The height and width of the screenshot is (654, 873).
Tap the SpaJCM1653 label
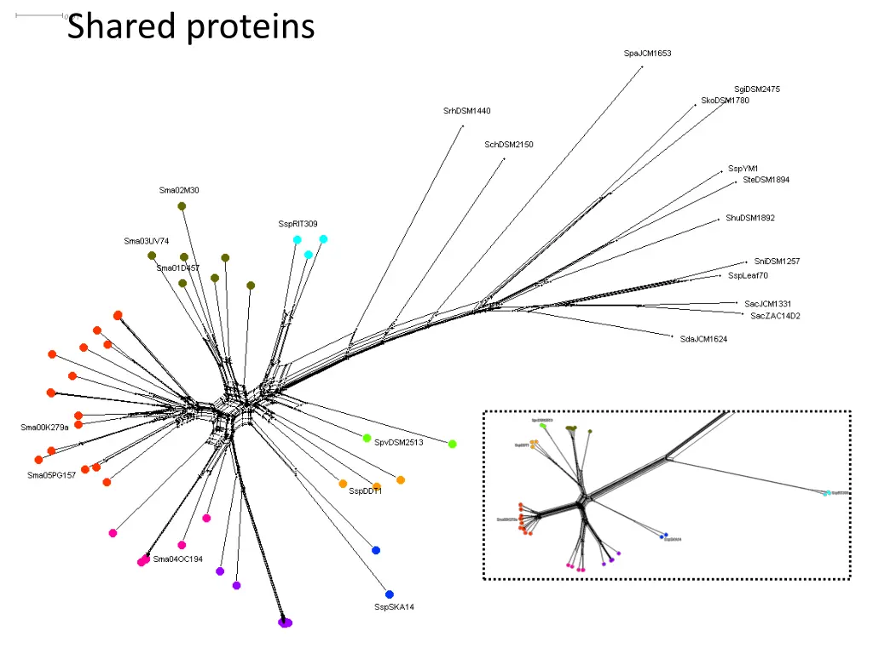click(x=647, y=54)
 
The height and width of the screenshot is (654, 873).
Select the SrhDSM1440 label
click(x=466, y=112)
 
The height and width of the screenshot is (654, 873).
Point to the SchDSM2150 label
click(x=508, y=145)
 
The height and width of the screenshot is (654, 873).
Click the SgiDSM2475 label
click(x=756, y=89)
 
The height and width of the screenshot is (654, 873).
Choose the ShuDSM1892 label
click(x=750, y=218)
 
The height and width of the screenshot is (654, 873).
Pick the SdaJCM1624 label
click(x=703, y=340)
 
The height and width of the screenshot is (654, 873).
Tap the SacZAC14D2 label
click(x=775, y=317)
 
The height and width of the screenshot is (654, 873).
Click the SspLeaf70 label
click(x=748, y=276)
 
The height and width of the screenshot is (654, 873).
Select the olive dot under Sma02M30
click(x=182, y=206)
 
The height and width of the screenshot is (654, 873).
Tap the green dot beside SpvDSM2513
click(x=367, y=438)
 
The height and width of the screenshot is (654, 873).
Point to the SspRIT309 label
click(x=298, y=224)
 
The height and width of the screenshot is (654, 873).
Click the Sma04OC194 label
click(x=177, y=559)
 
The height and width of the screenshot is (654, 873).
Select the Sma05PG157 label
click(x=51, y=475)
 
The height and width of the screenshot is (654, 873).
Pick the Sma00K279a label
click(x=44, y=427)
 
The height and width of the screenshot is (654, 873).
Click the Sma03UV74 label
click(x=146, y=241)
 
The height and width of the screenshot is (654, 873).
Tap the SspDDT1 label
click(x=365, y=491)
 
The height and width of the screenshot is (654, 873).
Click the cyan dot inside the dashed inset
click(x=826, y=493)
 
